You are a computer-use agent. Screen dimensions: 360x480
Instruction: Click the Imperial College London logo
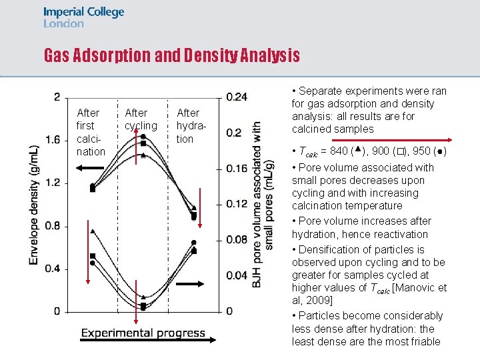pyautogui.click(x=83, y=17)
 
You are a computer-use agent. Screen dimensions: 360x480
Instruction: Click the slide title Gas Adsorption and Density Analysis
pyautogui.click(x=171, y=55)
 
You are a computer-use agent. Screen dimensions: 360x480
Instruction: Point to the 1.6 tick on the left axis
pyautogui.click(x=52, y=139)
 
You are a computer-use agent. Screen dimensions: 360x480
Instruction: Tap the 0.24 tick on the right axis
pyautogui.click(x=237, y=97)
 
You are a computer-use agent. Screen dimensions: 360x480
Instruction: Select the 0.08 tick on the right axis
pyautogui.click(x=237, y=239)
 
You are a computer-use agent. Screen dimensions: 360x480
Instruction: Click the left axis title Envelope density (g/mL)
pyautogui.click(x=34, y=204)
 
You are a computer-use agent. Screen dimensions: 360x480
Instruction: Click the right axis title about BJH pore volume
pyautogui.click(x=263, y=204)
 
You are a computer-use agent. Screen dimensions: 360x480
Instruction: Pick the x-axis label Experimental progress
pyautogui.click(x=143, y=333)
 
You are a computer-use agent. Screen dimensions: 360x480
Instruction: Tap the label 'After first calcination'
pyautogui.click(x=91, y=132)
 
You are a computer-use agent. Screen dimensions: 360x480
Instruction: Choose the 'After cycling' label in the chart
pyautogui.click(x=141, y=119)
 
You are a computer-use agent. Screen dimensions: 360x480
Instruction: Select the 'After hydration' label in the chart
pyautogui.click(x=188, y=126)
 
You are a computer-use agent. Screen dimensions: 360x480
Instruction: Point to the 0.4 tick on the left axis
pyautogui.click(x=52, y=269)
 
